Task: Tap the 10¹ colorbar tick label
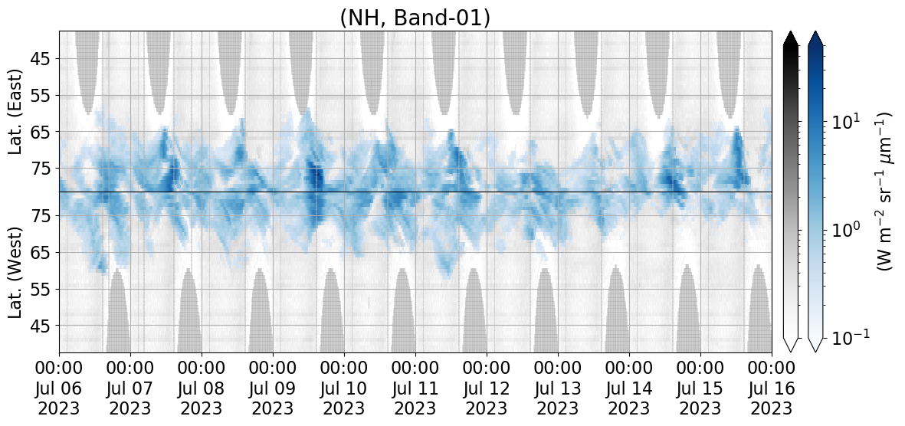(844, 122)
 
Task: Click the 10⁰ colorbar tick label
(844, 230)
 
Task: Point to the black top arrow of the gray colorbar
(791, 38)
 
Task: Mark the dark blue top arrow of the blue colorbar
(815, 38)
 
